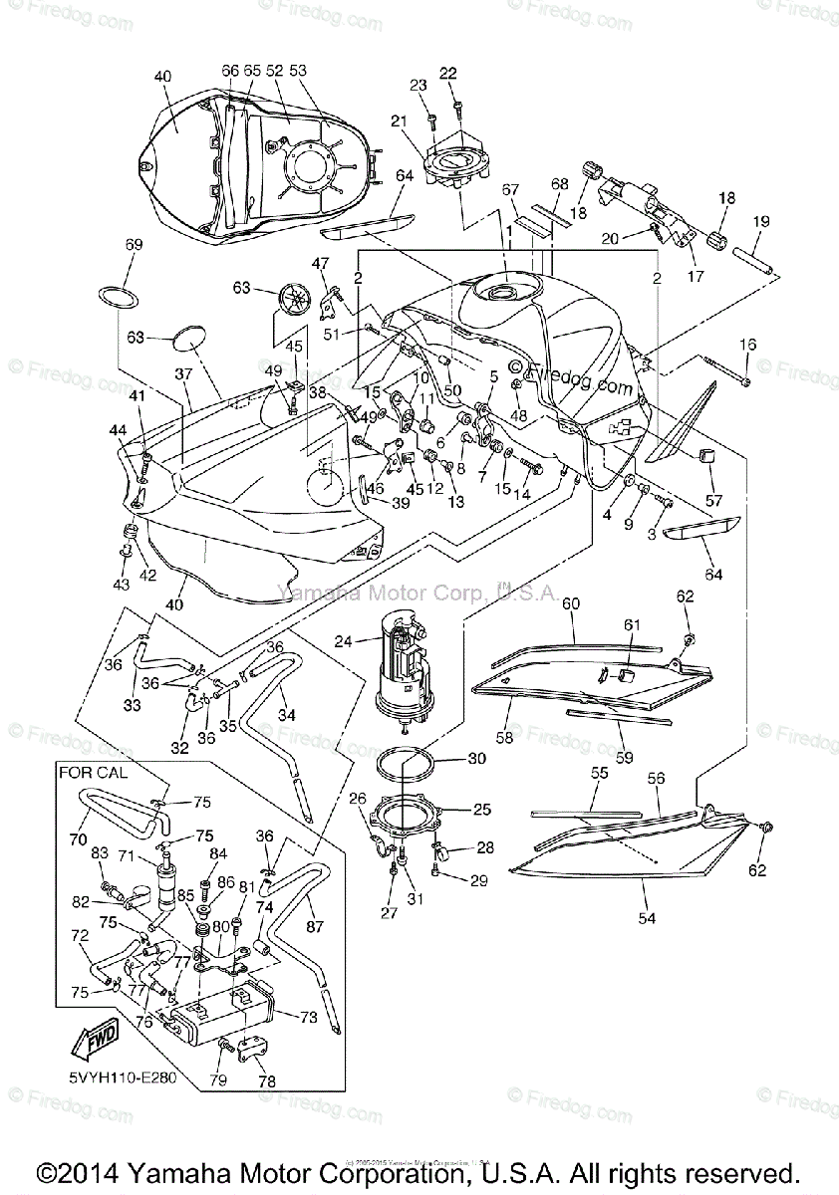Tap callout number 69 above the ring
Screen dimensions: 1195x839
pos(134,244)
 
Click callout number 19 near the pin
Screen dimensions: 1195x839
pos(761,221)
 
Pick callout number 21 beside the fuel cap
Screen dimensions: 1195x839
pos(400,120)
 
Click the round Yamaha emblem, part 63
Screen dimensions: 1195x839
pos(294,300)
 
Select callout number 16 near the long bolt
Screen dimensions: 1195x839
pos(747,345)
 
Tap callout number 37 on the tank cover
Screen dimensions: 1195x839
pos(182,372)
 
